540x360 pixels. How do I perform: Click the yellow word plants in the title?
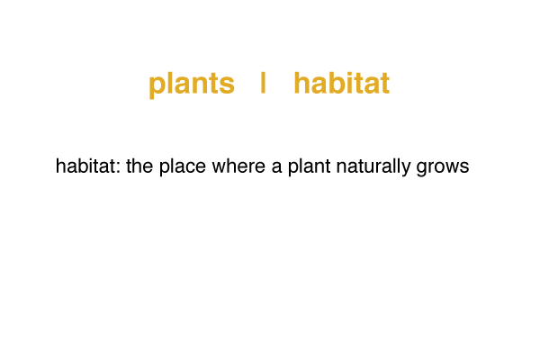click(x=192, y=84)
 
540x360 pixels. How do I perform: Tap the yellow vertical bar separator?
click(x=263, y=83)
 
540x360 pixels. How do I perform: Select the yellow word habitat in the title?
click(x=342, y=83)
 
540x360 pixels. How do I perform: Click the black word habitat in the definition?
click(x=85, y=166)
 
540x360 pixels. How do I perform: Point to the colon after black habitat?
click(x=119, y=168)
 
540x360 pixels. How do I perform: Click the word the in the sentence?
click(x=139, y=166)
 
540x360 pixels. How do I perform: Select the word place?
click(x=182, y=167)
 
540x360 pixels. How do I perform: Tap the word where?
click(x=238, y=166)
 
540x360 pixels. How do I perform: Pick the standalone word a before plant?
click(x=276, y=168)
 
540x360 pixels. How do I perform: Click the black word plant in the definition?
click(x=309, y=167)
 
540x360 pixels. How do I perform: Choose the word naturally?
click(x=373, y=167)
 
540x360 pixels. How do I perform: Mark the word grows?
click(x=443, y=168)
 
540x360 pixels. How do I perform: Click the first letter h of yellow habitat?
click(x=302, y=83)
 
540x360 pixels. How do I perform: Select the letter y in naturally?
click(x=406, y=169)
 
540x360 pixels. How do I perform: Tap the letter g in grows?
click(x=421, y=169)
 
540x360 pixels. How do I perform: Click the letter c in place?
click(x=190, y=168)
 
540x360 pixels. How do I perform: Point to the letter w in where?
click(x=219, y=168)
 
